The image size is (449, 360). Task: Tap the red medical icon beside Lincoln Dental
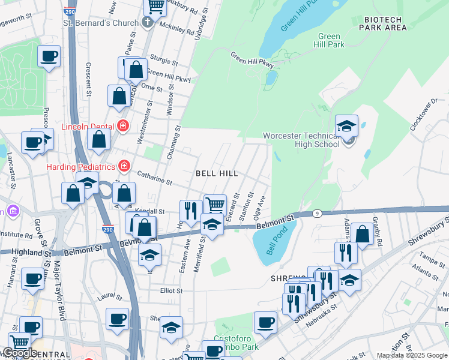[123, 126]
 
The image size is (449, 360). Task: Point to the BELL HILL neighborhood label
[217, 173]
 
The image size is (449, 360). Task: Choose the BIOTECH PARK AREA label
[385, 23]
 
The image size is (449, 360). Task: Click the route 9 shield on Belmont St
[316, 214]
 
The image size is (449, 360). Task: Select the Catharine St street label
[154, 179]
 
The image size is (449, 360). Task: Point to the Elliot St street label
[170, 290]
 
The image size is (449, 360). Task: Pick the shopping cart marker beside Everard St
[215, 205]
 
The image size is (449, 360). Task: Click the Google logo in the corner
[20, 353]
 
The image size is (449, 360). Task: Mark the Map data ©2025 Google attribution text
[411, 355]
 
